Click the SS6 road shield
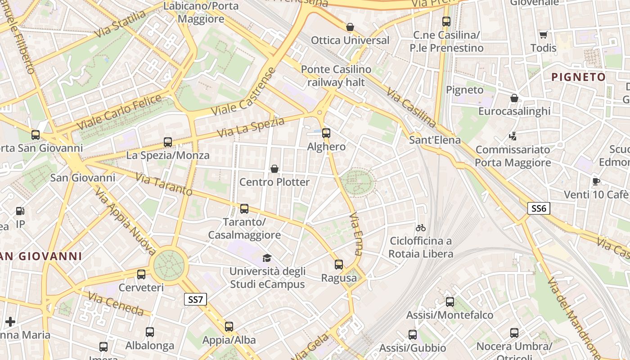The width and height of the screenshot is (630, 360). pyautogui.click(x=539, y=208)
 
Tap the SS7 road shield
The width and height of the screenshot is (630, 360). pyautogui.click(x=195, y=299)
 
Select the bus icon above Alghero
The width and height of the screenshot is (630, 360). pyautogui.click(x=326, y=133)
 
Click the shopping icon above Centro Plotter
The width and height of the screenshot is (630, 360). pyautogui.click(x=274, y=169)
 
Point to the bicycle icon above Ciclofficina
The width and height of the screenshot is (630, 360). pyautogui.click(x=421, y=228)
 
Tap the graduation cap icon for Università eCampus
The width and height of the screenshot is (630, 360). pyautogui.click(x=267, y=258)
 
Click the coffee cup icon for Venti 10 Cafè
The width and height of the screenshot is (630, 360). pyautogui.click(x=596, y=181)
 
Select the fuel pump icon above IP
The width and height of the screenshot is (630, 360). pyautogui.click(x=20, y=211)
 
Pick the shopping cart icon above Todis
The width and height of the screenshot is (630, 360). pyautogui.click(x=543, y=35)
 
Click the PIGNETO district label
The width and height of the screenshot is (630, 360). pyautogui.click(x=579, y=77)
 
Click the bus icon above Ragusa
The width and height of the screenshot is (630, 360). pyautogui.click(x=339, y=265)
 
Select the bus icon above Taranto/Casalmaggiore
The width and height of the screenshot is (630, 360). pyautogui.click(x=244, y=209)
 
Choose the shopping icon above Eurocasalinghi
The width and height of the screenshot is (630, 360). pyautogui.click(x=514, y=98)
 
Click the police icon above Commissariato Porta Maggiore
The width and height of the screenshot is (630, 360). pyautogui.click(x=513, y=136)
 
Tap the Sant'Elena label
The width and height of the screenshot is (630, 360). pyautogui.click(x=435, y=140)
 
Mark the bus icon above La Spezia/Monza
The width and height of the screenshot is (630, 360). pyautogui.click(x=168, y=142)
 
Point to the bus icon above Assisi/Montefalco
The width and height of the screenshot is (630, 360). pyautogui.click(x=450, y=302)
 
